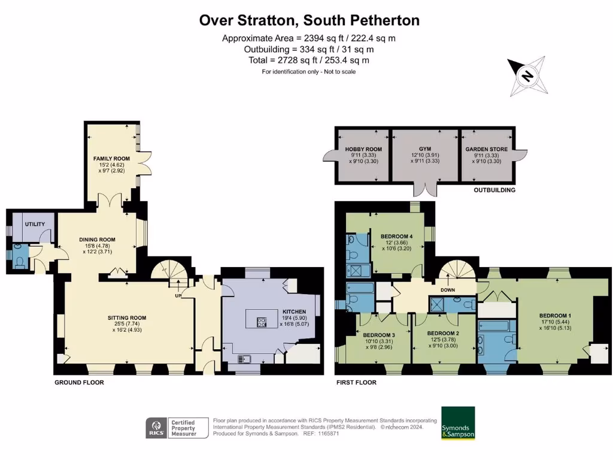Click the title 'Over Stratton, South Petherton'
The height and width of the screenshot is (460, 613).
[x=309, y=20]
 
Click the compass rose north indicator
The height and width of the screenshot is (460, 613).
[x=527, y=76]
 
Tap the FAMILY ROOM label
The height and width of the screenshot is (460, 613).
[x=111, y=159]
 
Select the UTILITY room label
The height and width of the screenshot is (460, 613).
[x=35, y=224]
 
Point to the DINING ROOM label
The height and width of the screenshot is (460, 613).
[x=97, y=240]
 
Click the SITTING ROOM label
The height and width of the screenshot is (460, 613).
[x=127, y=317]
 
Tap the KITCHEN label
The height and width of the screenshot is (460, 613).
[x=293, y=312]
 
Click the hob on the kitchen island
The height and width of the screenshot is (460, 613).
[x=262, y=322]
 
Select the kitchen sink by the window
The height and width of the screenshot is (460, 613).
[x=244, y=359]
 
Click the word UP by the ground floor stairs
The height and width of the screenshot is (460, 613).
[x=177, y=296]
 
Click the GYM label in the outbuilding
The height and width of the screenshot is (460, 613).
[x=426, y=149]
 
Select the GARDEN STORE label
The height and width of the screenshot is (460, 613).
[x=486, y=149]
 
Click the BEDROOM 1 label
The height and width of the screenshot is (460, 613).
[x=555, y=315]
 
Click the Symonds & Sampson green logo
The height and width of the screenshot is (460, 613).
[x=458, y=423]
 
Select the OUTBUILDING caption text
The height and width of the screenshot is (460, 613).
[x=494, y=190]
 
